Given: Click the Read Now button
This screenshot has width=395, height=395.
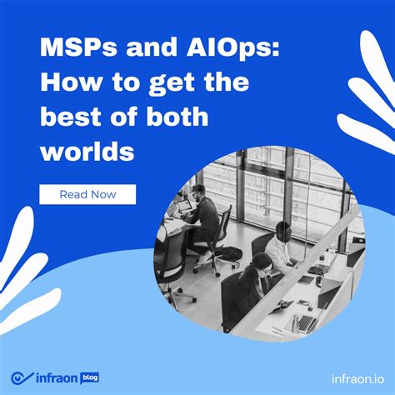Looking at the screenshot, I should (87, 194).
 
